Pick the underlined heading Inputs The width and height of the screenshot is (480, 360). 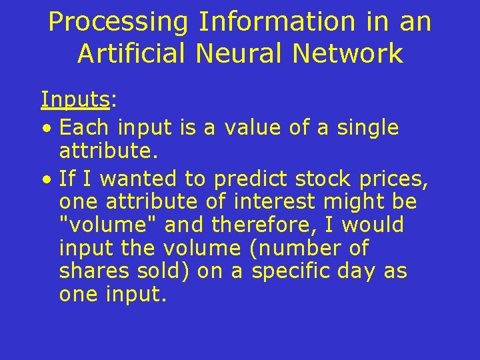click(75, 99)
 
